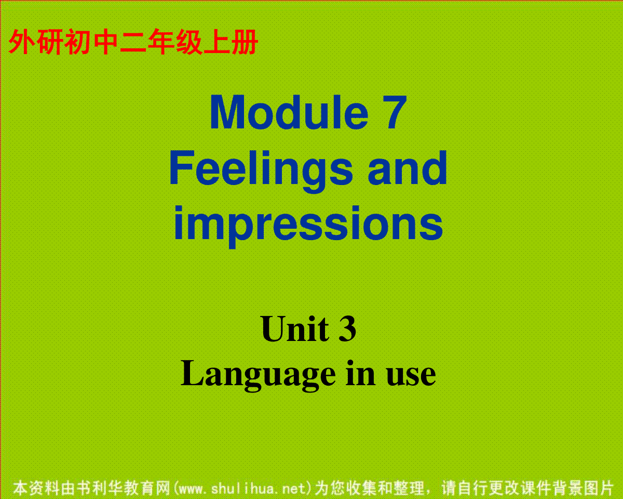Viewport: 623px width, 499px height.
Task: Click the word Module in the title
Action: click(x=289, y=112)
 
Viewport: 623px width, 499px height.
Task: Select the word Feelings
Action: click(x=261, y=172)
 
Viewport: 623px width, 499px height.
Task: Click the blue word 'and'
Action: click(x=407, y=168)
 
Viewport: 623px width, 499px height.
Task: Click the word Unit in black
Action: click(x=295, y=329)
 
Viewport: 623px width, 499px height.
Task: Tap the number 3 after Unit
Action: click(x=347, y=329)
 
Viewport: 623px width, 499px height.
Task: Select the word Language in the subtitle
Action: click(x=258, y=376)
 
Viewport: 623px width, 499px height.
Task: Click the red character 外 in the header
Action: click(x=21, y=42)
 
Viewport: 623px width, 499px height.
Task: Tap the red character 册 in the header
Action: click(x=245, y=42)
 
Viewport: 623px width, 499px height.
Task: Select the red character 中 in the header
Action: click(x=105, y=42)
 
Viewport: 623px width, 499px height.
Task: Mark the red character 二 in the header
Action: click(x=132, y=42)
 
